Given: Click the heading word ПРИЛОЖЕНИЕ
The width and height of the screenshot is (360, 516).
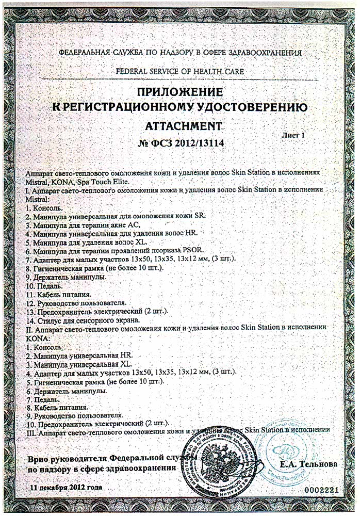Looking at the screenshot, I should (x=181, y=92).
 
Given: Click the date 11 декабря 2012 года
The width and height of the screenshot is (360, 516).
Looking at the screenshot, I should (x=66, y=487).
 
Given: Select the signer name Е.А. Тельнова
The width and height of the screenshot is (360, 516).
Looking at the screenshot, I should (x=309, y=464).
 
